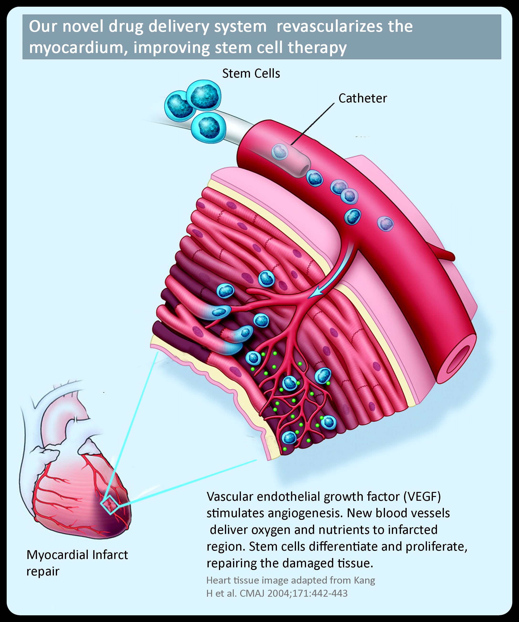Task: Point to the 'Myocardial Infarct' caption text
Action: (77, 554)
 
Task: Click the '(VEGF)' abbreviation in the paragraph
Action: (422, 496)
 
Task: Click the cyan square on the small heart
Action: (110, 504)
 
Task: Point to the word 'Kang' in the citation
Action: (364, 580)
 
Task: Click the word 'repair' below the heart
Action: (43, 571)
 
